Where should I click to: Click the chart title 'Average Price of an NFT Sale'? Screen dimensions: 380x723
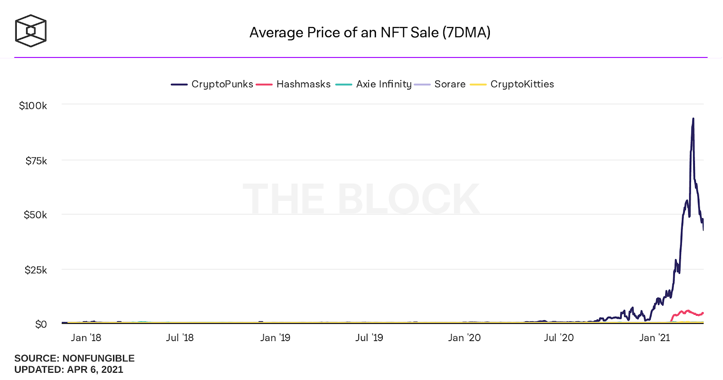(x=370, y=33)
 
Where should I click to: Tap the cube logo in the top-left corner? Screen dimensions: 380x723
(x=31, y=31)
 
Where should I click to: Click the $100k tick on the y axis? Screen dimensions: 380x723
(x=33, y=106)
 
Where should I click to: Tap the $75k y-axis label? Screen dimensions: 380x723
(x=36, y=161)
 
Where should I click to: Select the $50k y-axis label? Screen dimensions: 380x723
(x=35, y=215)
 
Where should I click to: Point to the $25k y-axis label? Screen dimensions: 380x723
(x=36, y=270)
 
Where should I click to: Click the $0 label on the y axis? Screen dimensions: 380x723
(x=41, y=324)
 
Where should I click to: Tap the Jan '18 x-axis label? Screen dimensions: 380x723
(x=86, y=338)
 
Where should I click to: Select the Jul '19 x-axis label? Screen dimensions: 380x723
(x=369, y=338)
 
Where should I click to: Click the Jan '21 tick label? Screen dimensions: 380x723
(x=654, y=338)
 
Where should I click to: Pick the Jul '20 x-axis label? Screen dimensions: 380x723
(x=559, y=338)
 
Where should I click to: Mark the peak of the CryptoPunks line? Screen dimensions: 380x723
(x=693, y=119)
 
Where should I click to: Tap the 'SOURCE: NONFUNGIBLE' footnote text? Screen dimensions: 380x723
(x=75, y=358)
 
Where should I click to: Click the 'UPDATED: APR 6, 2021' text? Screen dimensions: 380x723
(x=69, y=370)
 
